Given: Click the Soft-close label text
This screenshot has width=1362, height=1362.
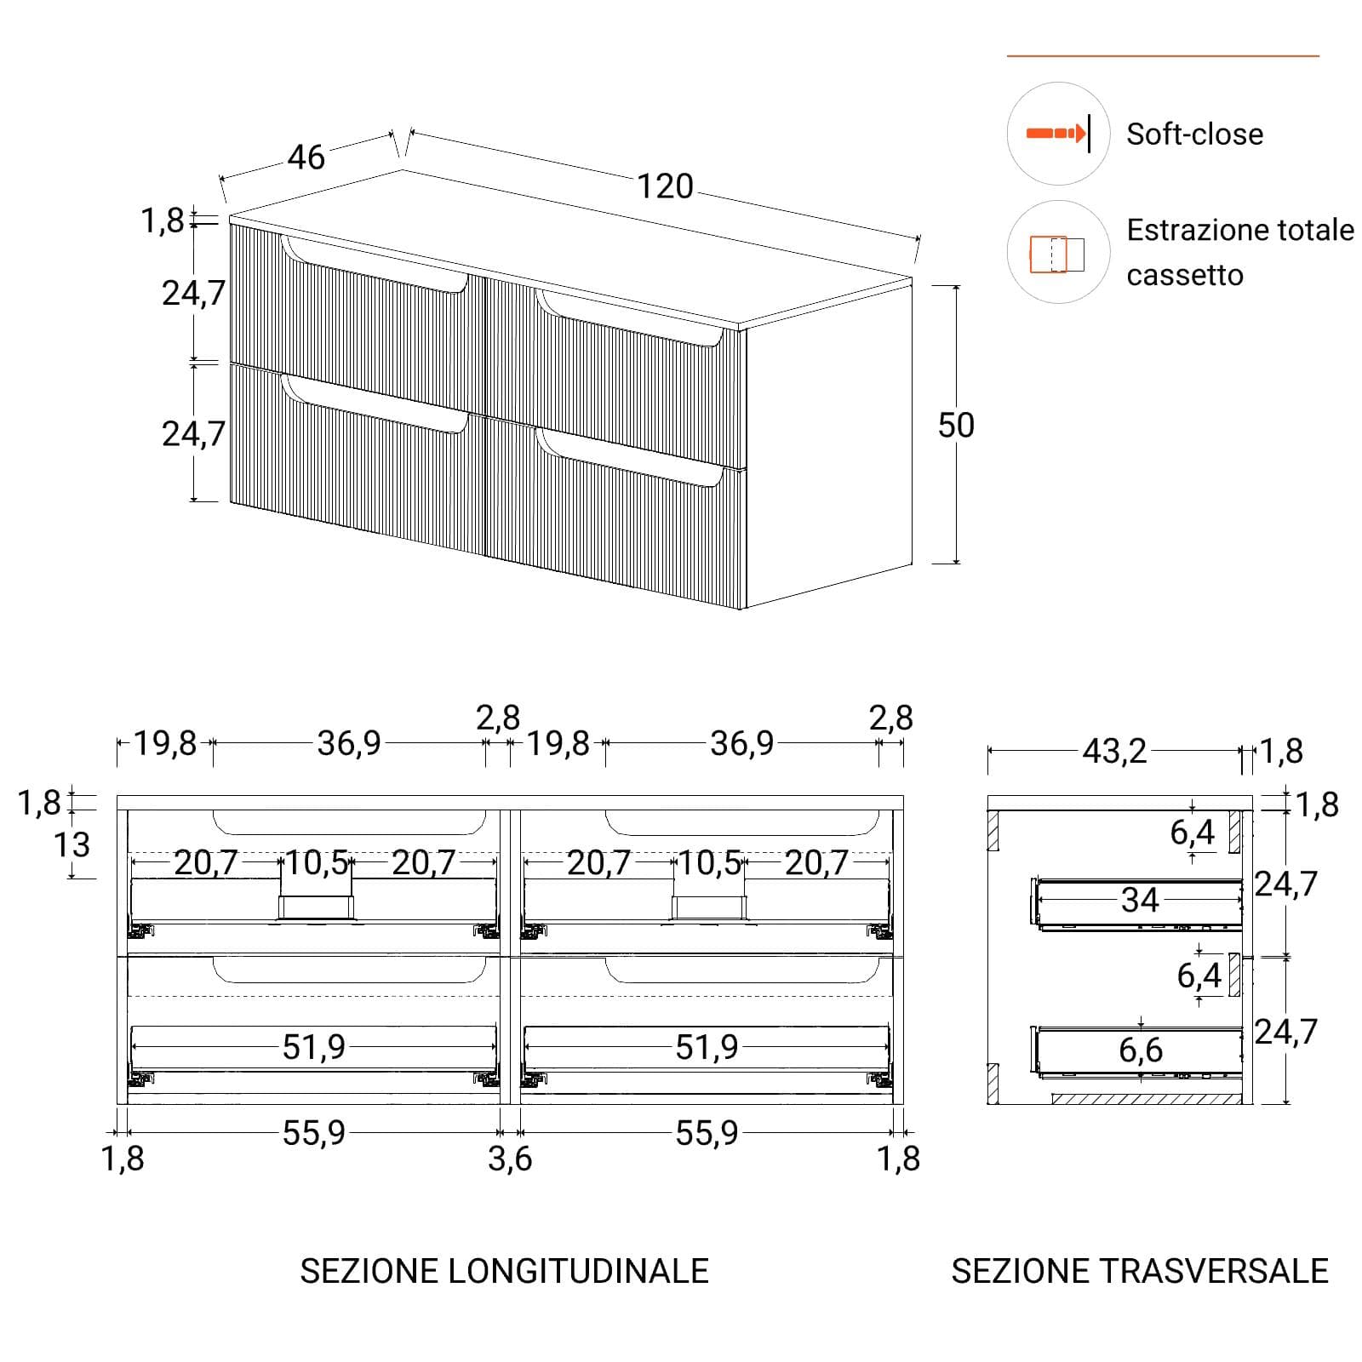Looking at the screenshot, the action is pyautogui.click(x=1194, y=134).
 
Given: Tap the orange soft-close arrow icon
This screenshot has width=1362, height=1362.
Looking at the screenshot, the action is pyautogui.click(x=1056, y=134).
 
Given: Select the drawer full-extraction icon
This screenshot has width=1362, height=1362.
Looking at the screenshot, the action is pyautogui.click(x=1057, y=254).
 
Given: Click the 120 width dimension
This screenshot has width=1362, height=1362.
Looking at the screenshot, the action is pyautogui.click(x=666, y=186).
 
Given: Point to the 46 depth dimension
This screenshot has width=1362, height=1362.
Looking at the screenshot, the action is pyautogui.click(x=306, y=157).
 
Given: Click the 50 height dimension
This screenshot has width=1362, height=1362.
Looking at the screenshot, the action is pyautogui.click(x=956, y=426).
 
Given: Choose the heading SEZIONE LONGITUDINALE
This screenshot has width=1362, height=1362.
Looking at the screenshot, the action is pyautogui.click(x=505, y=1271).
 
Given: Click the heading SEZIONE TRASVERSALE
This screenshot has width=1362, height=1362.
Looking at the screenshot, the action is pyautogui.click(x=1140, y=1271).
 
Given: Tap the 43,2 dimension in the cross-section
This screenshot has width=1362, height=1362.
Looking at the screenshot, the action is pyautogui.click(x=1114, y=752).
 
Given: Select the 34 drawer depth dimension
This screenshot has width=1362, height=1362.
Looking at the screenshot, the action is pyautogui.click(x=1140, y=900).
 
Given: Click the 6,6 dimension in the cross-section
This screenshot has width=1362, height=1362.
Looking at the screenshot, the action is pyautogui.click(x=1141, y=1050).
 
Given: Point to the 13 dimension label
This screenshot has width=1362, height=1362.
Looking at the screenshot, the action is pyautogui.click(x=72, y=845).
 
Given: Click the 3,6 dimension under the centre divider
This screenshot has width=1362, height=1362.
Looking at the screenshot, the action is pyautogui.click(x=510, y=1159).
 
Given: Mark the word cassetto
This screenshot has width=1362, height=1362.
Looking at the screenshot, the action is pyautogui.click(x=1185, y=275).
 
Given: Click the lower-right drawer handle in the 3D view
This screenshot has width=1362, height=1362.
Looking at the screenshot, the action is pyautogui.click(x=631, y=457).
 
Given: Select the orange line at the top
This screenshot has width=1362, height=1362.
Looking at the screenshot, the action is pyautogui.click(x=1163, y=56).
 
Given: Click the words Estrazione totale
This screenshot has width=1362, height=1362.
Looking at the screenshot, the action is pyautogui.click(x=1240, y=230).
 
